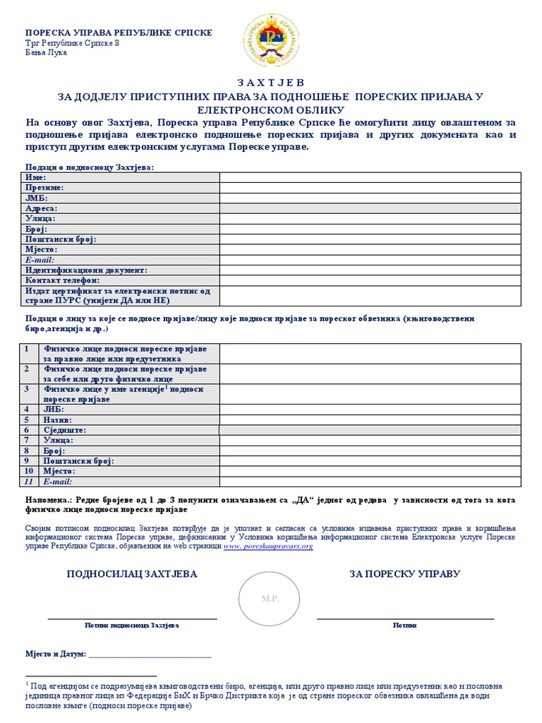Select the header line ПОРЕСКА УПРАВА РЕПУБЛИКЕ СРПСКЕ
119,33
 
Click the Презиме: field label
44,188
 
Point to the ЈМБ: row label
37,198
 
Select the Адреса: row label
42,208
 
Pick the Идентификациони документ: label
86,270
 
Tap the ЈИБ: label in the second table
54,409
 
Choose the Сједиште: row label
64,429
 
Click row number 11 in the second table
28,481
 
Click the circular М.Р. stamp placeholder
270,599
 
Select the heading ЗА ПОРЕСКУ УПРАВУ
405,574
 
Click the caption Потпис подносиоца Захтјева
132,625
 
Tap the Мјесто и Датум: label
56,655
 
